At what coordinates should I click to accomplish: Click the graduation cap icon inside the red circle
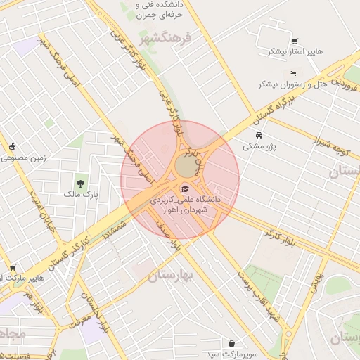pyautogui.click(x=184, y=188)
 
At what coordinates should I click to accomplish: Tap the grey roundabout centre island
pyautogui.click(x=186, y=167)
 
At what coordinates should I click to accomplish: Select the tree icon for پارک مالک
pyautogui.click(x=82, y=183)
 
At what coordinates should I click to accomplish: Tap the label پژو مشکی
pyautogui.click(x=260, y=147)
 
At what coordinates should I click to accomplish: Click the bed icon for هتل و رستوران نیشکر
pyautogui.click(x=293, y=74)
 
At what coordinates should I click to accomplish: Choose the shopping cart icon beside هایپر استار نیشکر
pyautogui.click(x=294, y=41)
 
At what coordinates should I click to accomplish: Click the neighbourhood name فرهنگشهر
pyautogui.click(x=165, y=38)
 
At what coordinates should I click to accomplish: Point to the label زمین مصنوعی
pyautogui.click(x=23, y=157)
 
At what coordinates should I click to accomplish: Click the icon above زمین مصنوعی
pyautogui.click(x=13, y=147)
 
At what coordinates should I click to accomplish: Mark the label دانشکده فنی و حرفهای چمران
pyautogui.click(x=163, y=10)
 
